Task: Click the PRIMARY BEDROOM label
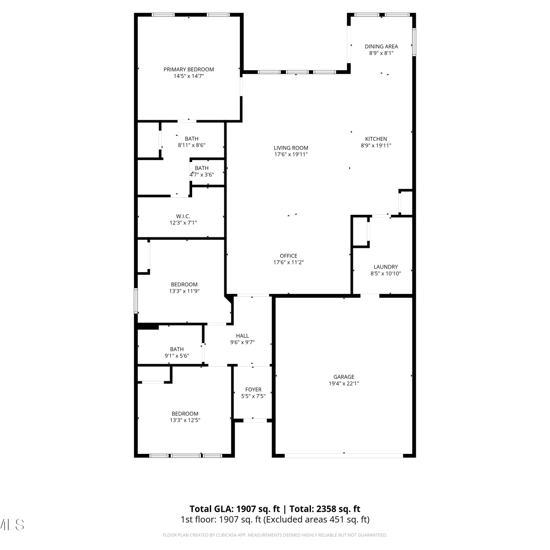188,69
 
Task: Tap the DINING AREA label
381,47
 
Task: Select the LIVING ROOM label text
291,148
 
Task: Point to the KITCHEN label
376,139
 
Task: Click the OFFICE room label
289,256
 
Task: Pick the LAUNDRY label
386,267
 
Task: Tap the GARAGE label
344,377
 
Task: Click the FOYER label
253,390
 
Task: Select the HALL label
242,336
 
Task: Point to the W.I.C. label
183,216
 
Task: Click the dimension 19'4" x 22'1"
344,384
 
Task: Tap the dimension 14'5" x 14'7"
189,76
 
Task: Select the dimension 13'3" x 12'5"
185,421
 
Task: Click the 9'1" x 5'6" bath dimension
177,356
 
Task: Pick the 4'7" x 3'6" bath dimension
202,175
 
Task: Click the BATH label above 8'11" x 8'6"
191,139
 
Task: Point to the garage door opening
344,456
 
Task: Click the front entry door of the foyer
255,421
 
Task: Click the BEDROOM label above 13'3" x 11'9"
184,285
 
